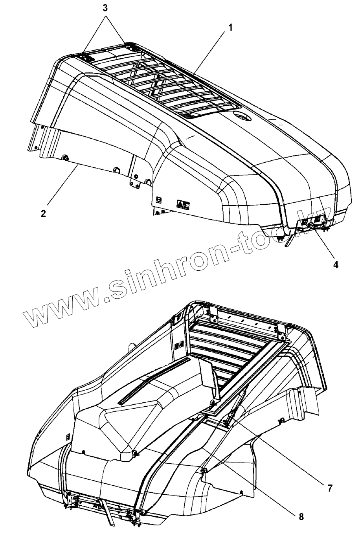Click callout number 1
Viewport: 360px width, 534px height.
tap(231, 28)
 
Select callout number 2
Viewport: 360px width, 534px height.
tap(43, 214)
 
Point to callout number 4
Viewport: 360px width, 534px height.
tap(335, 264)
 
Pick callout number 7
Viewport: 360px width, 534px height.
tap(329, 488)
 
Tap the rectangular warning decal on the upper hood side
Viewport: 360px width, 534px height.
tap(183, 204)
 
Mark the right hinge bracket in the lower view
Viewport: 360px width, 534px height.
tap(282, 332)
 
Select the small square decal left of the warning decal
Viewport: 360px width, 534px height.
tap(159, 200)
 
